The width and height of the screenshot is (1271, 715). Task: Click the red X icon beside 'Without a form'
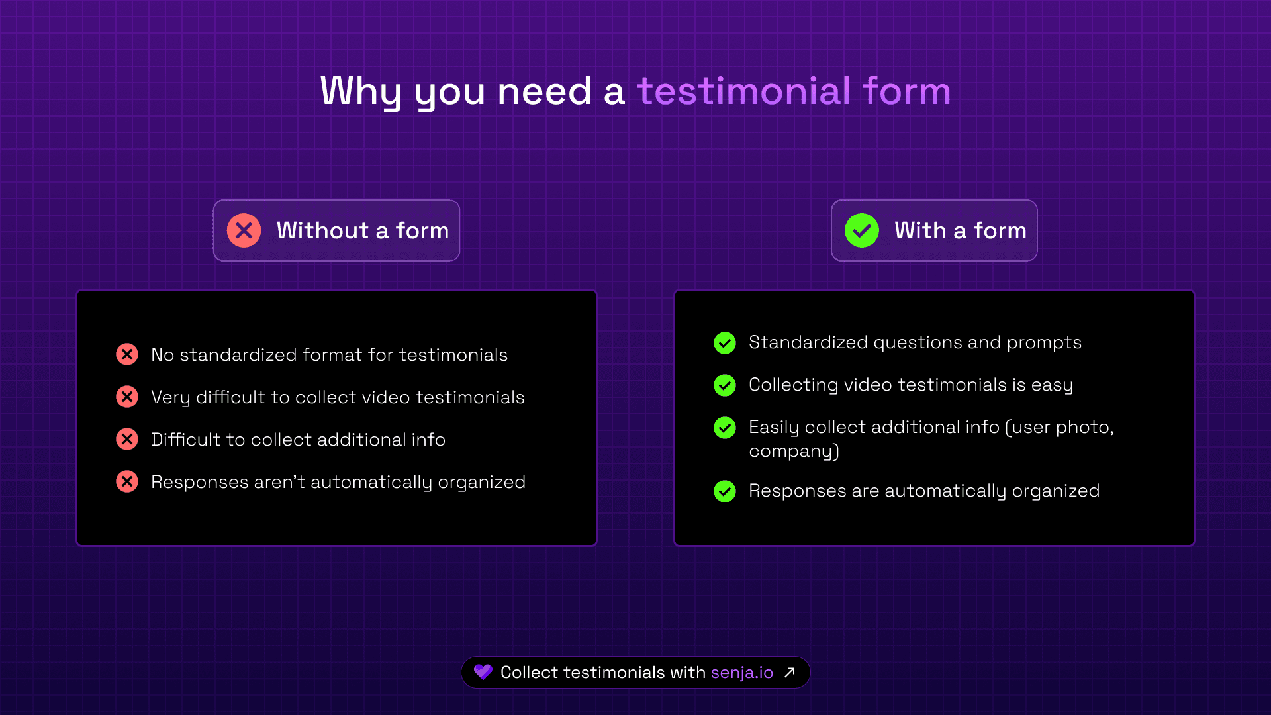coord(244,230)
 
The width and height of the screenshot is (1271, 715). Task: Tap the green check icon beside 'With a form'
coord(862,230)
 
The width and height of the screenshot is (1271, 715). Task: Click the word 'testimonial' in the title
coord(743,91)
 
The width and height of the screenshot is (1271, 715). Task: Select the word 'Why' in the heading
coord(361,91)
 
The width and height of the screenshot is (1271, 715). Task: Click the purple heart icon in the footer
coord(483,672)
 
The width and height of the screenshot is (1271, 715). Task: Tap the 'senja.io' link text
coord(742,673)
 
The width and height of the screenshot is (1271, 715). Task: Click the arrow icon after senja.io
coord(789,673)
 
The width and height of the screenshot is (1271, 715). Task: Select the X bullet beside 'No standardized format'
coord(127,354)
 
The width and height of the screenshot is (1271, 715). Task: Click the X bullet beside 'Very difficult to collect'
coord(127,397)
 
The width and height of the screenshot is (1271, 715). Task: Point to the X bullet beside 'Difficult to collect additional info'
coord(127,439)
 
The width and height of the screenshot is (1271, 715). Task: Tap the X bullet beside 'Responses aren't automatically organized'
coord(127,481)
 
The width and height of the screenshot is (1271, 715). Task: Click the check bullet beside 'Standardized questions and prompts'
coord(725,343)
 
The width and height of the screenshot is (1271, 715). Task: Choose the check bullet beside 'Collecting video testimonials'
coord(725,385)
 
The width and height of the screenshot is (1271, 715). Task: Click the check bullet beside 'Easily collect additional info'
coord(725,428)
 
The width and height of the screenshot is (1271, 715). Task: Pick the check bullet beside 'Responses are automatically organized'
coord(725,491)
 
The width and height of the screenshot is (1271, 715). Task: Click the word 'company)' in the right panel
coord(794,452)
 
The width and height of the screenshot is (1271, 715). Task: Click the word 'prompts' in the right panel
coord(1044,343)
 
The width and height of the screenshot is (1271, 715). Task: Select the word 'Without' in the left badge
coord(322,230)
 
